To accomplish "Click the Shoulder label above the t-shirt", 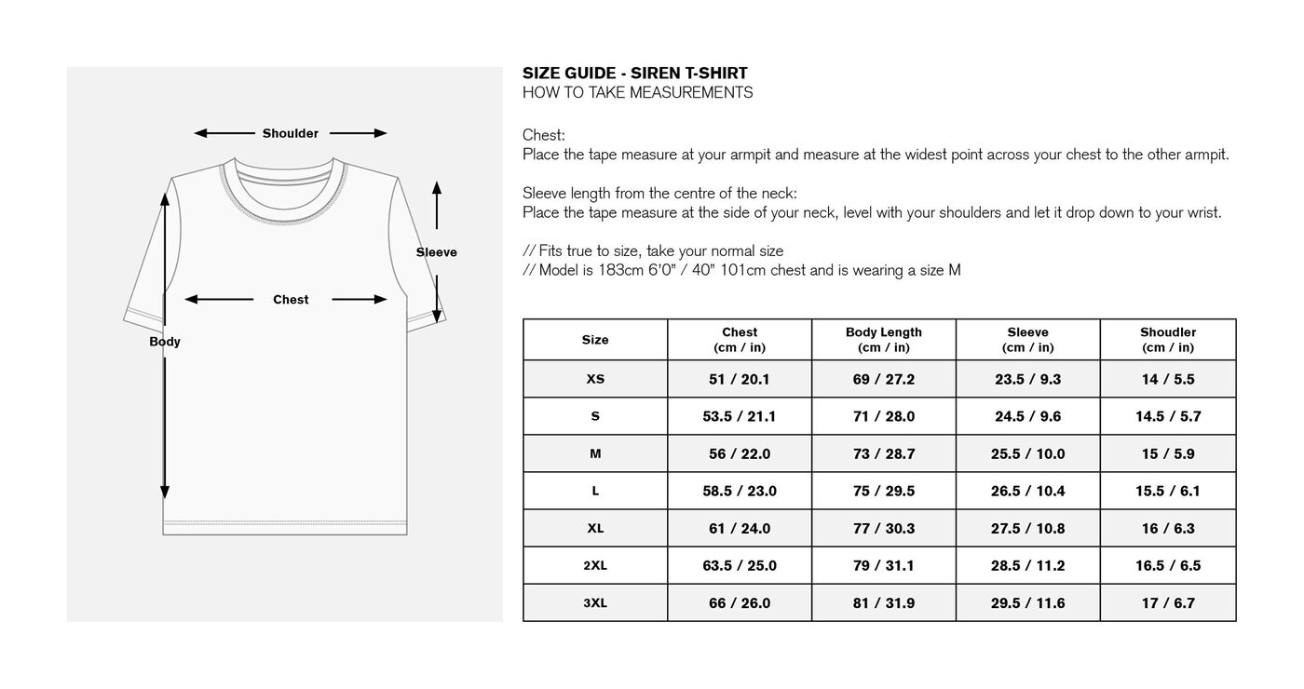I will [290, 133].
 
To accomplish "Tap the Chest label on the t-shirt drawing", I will [291, 300].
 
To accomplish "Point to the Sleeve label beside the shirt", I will [436, 252].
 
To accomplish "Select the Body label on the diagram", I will [165, 342].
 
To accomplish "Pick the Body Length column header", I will [883, 340].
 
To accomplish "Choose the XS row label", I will [595, 379].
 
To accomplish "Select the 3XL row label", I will [595, 602].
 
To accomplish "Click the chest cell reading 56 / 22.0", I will [740, 453].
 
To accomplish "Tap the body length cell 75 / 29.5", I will [883, 491].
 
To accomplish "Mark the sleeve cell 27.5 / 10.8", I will [1027, 528].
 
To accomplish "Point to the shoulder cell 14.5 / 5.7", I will [1168, 416].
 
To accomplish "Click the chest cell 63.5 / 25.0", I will [740, 565].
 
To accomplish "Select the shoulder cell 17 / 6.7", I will [1168, 602].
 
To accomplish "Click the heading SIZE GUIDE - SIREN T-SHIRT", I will [634, 74].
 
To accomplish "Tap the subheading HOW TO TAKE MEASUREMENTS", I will [637, 92].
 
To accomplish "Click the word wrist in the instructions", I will [1202, 212].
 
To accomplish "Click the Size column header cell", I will [595, 340].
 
